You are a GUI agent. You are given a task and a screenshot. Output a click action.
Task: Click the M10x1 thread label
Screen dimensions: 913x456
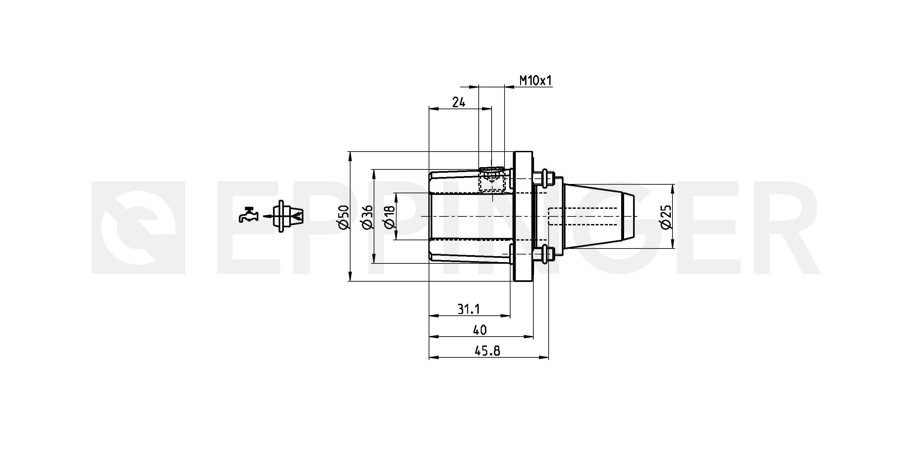pyautogui.click(x=536, y=81)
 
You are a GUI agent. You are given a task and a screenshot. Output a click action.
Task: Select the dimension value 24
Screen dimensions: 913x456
pyautogui.click(x=458, y=102)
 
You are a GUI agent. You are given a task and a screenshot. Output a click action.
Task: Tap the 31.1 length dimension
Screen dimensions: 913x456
pyautogui.click(x=468, y=309)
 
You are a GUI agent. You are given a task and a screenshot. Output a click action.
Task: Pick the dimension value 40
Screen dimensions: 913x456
pyautogui.click(x=480, y=330)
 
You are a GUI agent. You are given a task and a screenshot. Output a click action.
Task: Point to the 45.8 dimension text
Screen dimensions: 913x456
pyautogui.click(x=487, y=351)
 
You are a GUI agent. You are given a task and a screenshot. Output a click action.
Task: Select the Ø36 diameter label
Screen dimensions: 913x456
pyautogui.click(x=367, y=217)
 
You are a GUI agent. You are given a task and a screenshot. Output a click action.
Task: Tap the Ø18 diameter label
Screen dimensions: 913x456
pyautogui.click(x=389, y=217)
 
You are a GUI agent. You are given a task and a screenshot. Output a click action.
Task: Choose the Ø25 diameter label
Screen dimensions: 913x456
pyautogui.click(x=666, y=217)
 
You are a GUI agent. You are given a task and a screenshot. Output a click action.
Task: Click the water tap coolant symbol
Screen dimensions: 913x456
pyautogui.click(x=248, y=214)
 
